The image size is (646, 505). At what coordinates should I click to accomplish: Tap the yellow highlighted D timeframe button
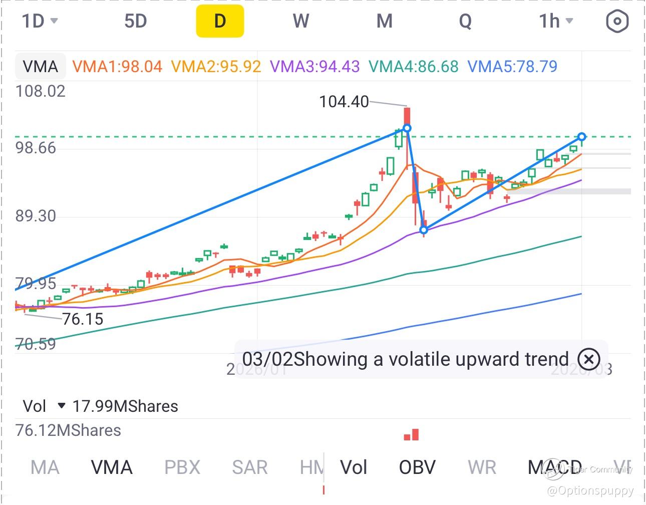pyautogui.click(x=220, y=22)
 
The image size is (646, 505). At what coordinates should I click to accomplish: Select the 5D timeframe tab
pyautogui.click(x=135, y=22)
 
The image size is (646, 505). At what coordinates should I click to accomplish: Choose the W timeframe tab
pyautogui.click(x=300, y=22)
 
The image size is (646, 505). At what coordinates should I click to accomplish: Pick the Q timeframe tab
pyautogui.click(x=465, y=22)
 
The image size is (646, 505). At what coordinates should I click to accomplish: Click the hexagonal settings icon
pyautogui.click(x=616, y=22)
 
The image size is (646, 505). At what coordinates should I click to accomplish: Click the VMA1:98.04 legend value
pyautogui.click(x=118, y=67)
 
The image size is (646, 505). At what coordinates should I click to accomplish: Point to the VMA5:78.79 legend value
pyautogui.click(x=512, y=67)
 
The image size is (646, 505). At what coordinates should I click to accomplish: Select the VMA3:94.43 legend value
pyautogui.click(x=314, y=67)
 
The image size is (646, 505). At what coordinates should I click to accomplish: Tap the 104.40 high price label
pyautogui.click(x=344, y=102)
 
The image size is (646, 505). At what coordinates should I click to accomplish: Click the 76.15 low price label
pyautogui.click(x=83, y=319)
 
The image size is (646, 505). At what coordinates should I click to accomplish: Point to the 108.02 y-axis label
pyautogui.click(x=41, y=91)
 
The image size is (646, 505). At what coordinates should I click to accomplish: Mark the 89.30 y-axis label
pyautogui.click(x=36, y=216)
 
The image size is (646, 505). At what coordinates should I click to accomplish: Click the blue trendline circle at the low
pyautogui.click(x=424, y=230)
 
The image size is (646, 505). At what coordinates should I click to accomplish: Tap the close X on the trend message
pyautogui.click(x=588, y=359)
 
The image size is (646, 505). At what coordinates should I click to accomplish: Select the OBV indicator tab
pyautogui.click(x=417, y=467)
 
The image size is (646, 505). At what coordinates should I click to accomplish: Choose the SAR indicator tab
pyautogui.click(x=249, y=467)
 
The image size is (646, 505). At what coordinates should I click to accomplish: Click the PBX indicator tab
pyautogui.click(x=182, y=467)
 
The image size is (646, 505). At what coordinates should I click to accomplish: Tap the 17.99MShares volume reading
pyautogui.click(x=125, y=406)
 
